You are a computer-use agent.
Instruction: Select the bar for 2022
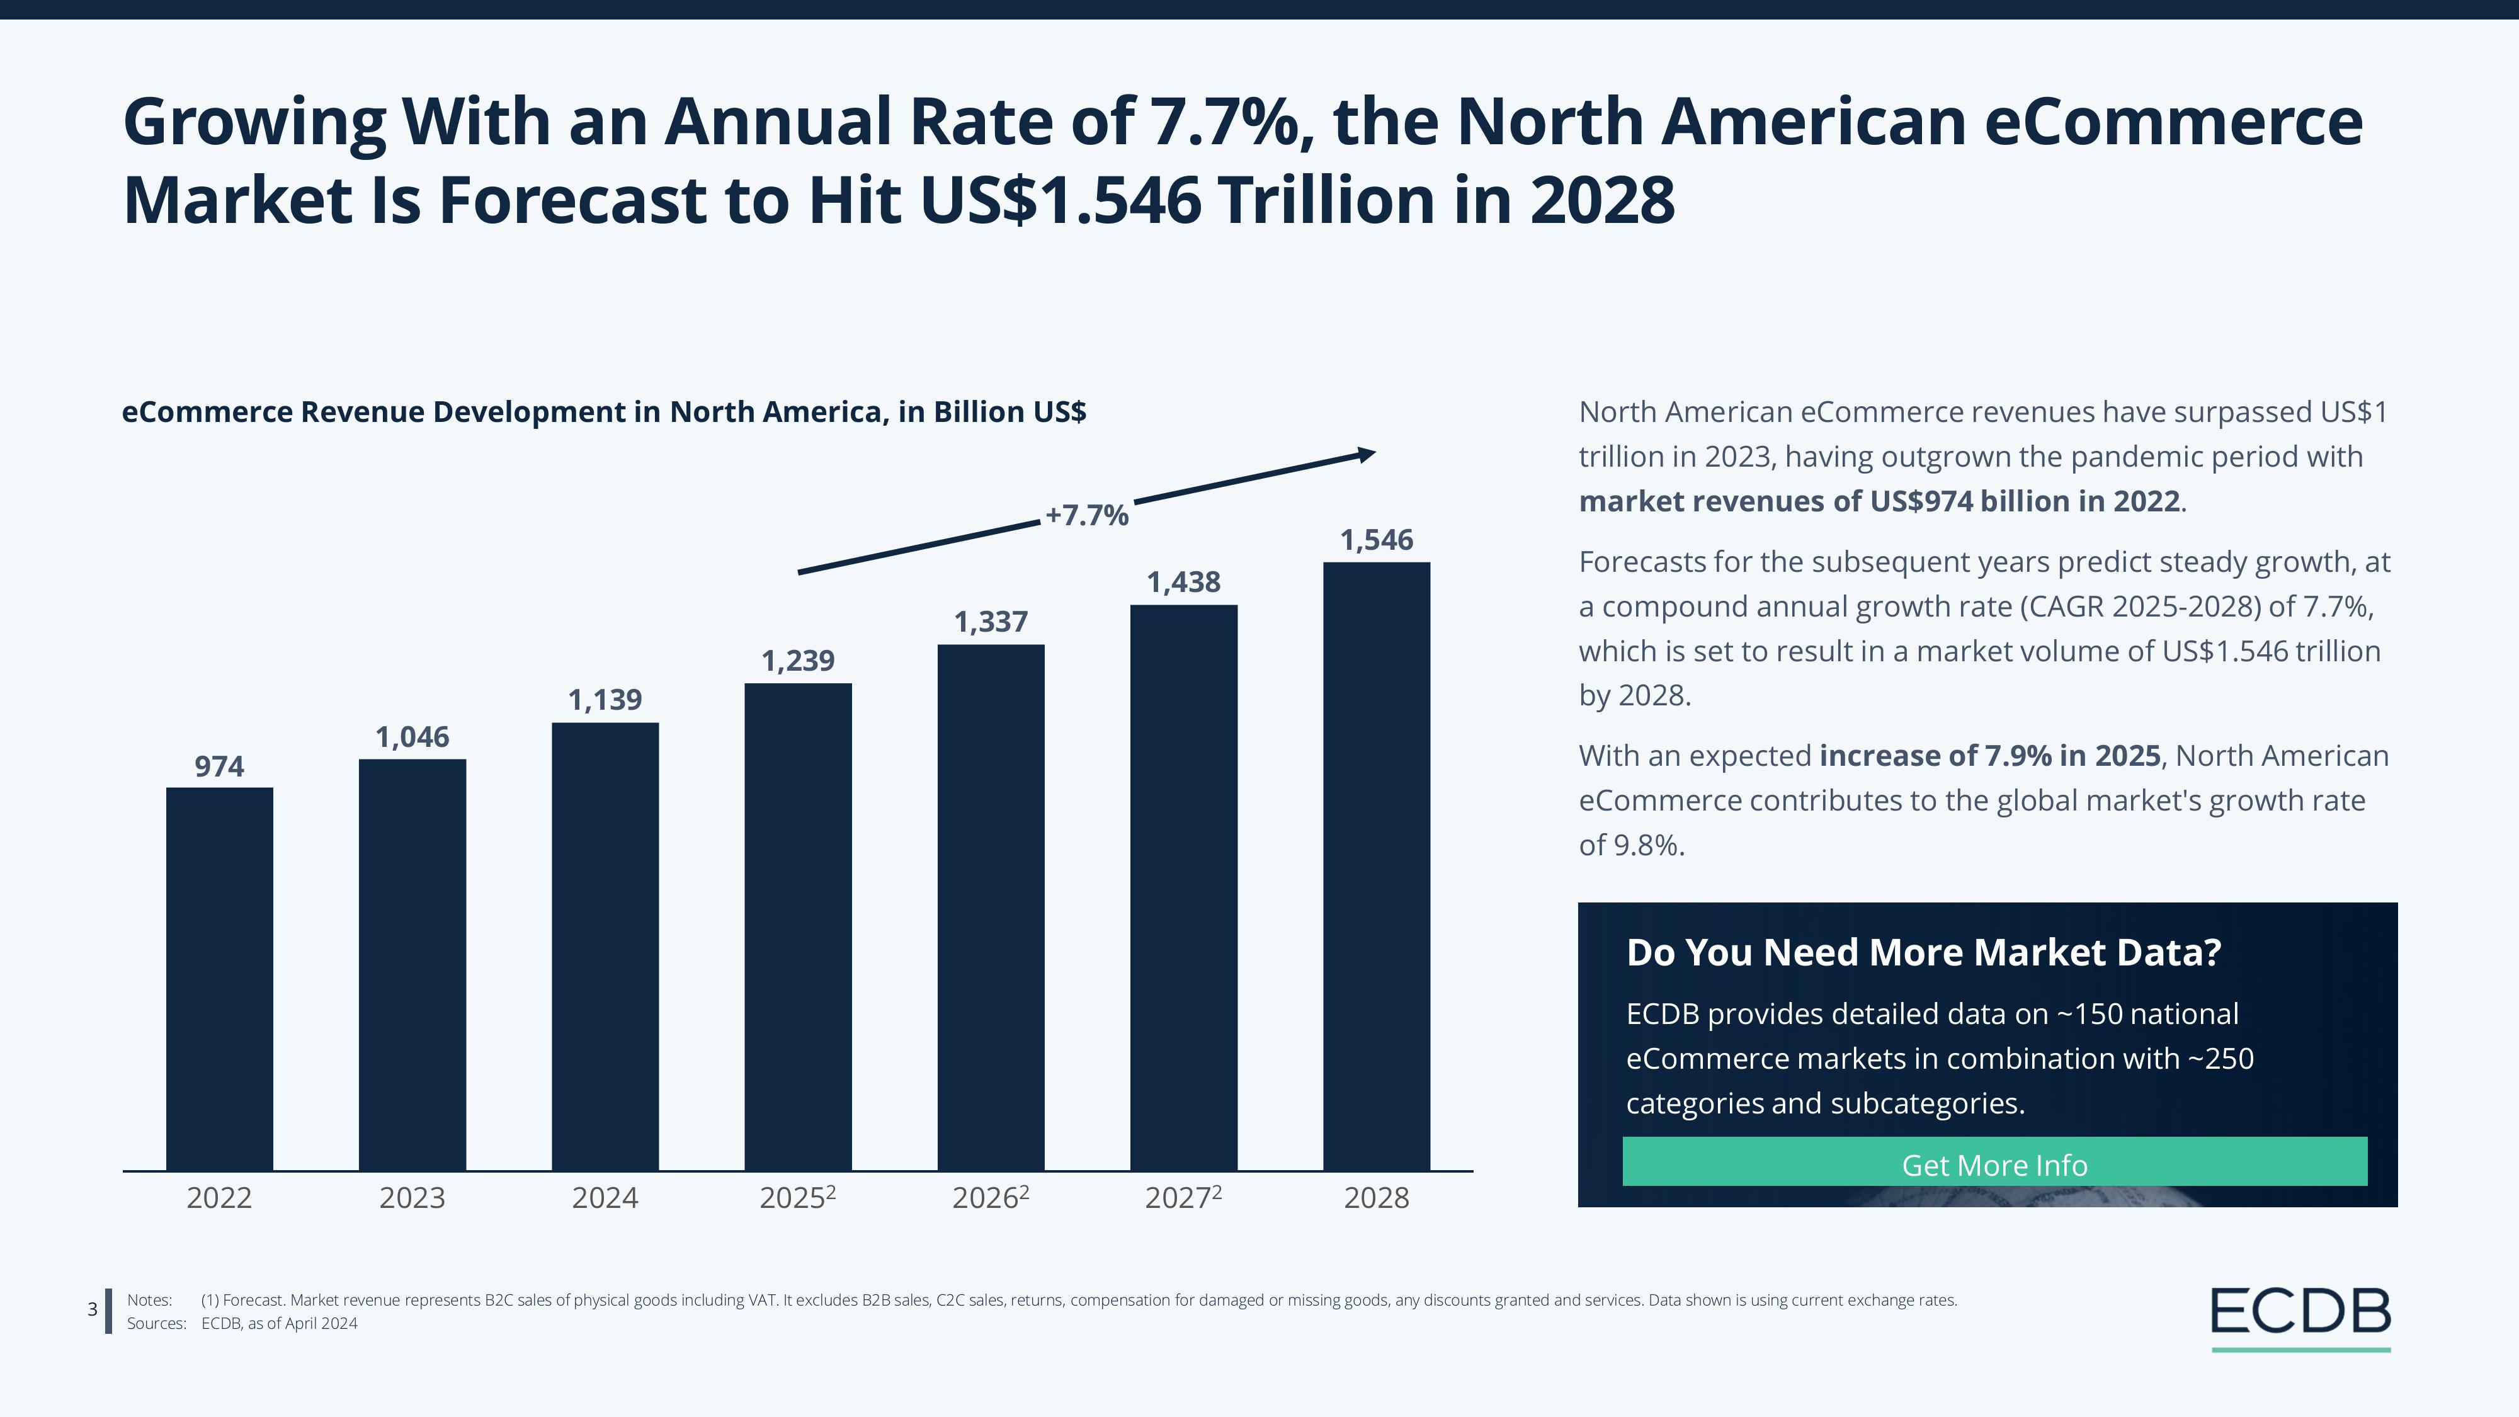click(219, 978)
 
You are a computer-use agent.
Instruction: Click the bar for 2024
click(605, 946)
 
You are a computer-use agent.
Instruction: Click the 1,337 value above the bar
click(991, 622)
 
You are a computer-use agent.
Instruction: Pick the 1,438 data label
click(1183, 583)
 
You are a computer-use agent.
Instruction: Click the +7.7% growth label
click(1086, 515)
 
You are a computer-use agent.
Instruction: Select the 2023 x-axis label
click(412, 1198)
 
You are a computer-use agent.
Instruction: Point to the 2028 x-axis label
click(1376, 1198)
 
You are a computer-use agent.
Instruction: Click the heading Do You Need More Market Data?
click(1923, 952)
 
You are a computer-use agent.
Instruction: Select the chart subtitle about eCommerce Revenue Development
click(603, 412)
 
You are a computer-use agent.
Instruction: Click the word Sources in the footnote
click(156, 1324)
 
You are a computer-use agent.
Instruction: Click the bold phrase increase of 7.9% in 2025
click(1989, 756)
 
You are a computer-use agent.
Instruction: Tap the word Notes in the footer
click(150, 1300)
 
